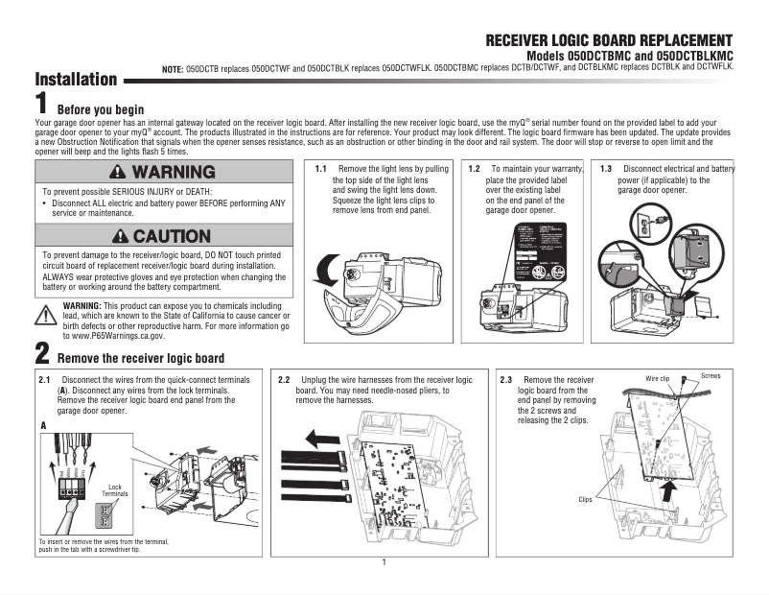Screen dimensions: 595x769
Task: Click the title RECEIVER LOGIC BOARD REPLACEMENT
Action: point(609,40)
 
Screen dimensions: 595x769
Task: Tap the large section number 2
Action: point(42,350)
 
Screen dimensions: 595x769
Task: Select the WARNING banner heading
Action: point(163,173)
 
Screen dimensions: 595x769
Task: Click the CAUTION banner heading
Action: point(163,236)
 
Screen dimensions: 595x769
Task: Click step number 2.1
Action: point(43,381)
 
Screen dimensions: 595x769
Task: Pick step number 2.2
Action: point(284,381)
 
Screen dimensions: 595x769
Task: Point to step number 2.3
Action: point(506,381)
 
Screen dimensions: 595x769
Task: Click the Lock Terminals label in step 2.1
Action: point(114,490)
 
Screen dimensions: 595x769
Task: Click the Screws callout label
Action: point(711,375)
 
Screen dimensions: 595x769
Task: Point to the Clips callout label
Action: point(586,499)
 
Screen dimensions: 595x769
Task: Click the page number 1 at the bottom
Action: point(384,562)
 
